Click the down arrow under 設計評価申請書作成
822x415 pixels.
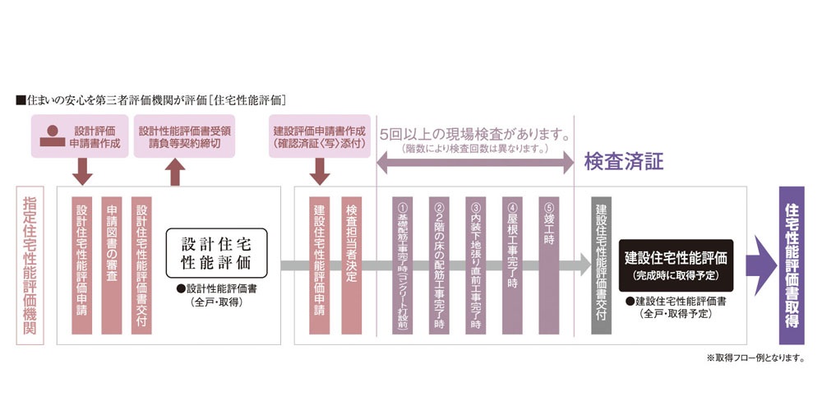tap(81, 172)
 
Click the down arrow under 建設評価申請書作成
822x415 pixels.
tap(321, 172)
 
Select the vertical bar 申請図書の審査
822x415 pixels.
tap(112, 265)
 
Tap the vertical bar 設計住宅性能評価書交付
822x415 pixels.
tap(141, 265)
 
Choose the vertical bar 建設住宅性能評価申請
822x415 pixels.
tap(320, 265)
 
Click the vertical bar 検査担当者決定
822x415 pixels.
tap(351, 265)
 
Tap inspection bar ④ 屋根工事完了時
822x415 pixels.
tap(512, 265)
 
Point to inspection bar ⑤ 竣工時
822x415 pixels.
tap(549, 265)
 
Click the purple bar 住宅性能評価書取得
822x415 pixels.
tap(792, 265)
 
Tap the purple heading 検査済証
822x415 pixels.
tap(623, 162)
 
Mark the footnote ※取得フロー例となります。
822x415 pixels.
tap(755, 357)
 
